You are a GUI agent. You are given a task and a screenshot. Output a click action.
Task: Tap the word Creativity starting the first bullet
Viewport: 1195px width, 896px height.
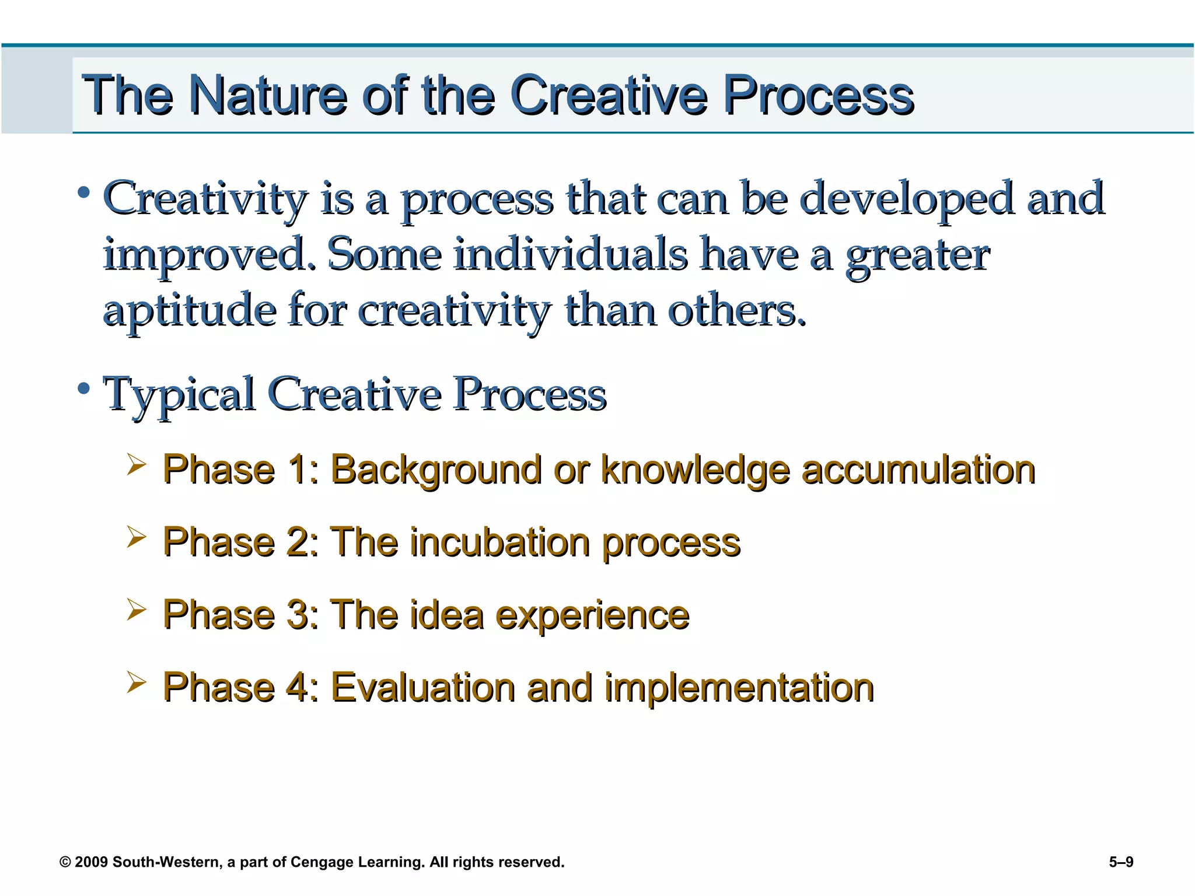coord(204,198)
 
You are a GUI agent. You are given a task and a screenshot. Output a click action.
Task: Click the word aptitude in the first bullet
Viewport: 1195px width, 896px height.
coord(189,310)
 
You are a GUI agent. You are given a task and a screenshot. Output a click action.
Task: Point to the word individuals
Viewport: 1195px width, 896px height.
coord(571,254)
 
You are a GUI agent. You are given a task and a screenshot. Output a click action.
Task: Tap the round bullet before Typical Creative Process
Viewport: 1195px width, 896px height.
coord(84,388)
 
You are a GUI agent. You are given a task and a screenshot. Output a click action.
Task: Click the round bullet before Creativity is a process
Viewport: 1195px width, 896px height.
coord(84,192)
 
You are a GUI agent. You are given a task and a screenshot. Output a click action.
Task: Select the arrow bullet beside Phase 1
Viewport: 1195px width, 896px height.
coord(136,465)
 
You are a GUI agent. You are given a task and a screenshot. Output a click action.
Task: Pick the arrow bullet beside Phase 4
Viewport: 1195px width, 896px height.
coord(136,682)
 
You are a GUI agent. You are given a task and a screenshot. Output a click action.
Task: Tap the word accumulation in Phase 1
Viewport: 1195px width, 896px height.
coord(918,470)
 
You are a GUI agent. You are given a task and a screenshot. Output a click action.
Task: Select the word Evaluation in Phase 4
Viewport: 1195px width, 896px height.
coord(423,687)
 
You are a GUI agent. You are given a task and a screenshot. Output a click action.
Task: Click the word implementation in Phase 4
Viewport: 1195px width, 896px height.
coord(739,687)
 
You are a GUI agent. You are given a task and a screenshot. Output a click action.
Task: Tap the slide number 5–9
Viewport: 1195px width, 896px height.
coord(1121,862)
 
